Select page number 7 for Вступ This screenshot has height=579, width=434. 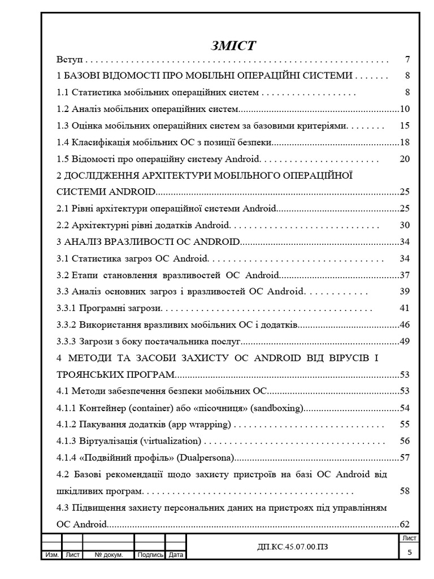407,59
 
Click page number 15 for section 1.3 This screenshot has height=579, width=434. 404,126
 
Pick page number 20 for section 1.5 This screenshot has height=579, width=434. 404,159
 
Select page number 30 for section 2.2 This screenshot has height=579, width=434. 404,225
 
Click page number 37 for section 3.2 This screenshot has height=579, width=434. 404,275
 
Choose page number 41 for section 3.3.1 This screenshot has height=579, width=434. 404,308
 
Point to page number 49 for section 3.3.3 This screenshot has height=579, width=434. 404,342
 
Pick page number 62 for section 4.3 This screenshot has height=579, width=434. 404,525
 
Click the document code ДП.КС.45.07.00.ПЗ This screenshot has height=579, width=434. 292,546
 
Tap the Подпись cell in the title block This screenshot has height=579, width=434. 150,555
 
